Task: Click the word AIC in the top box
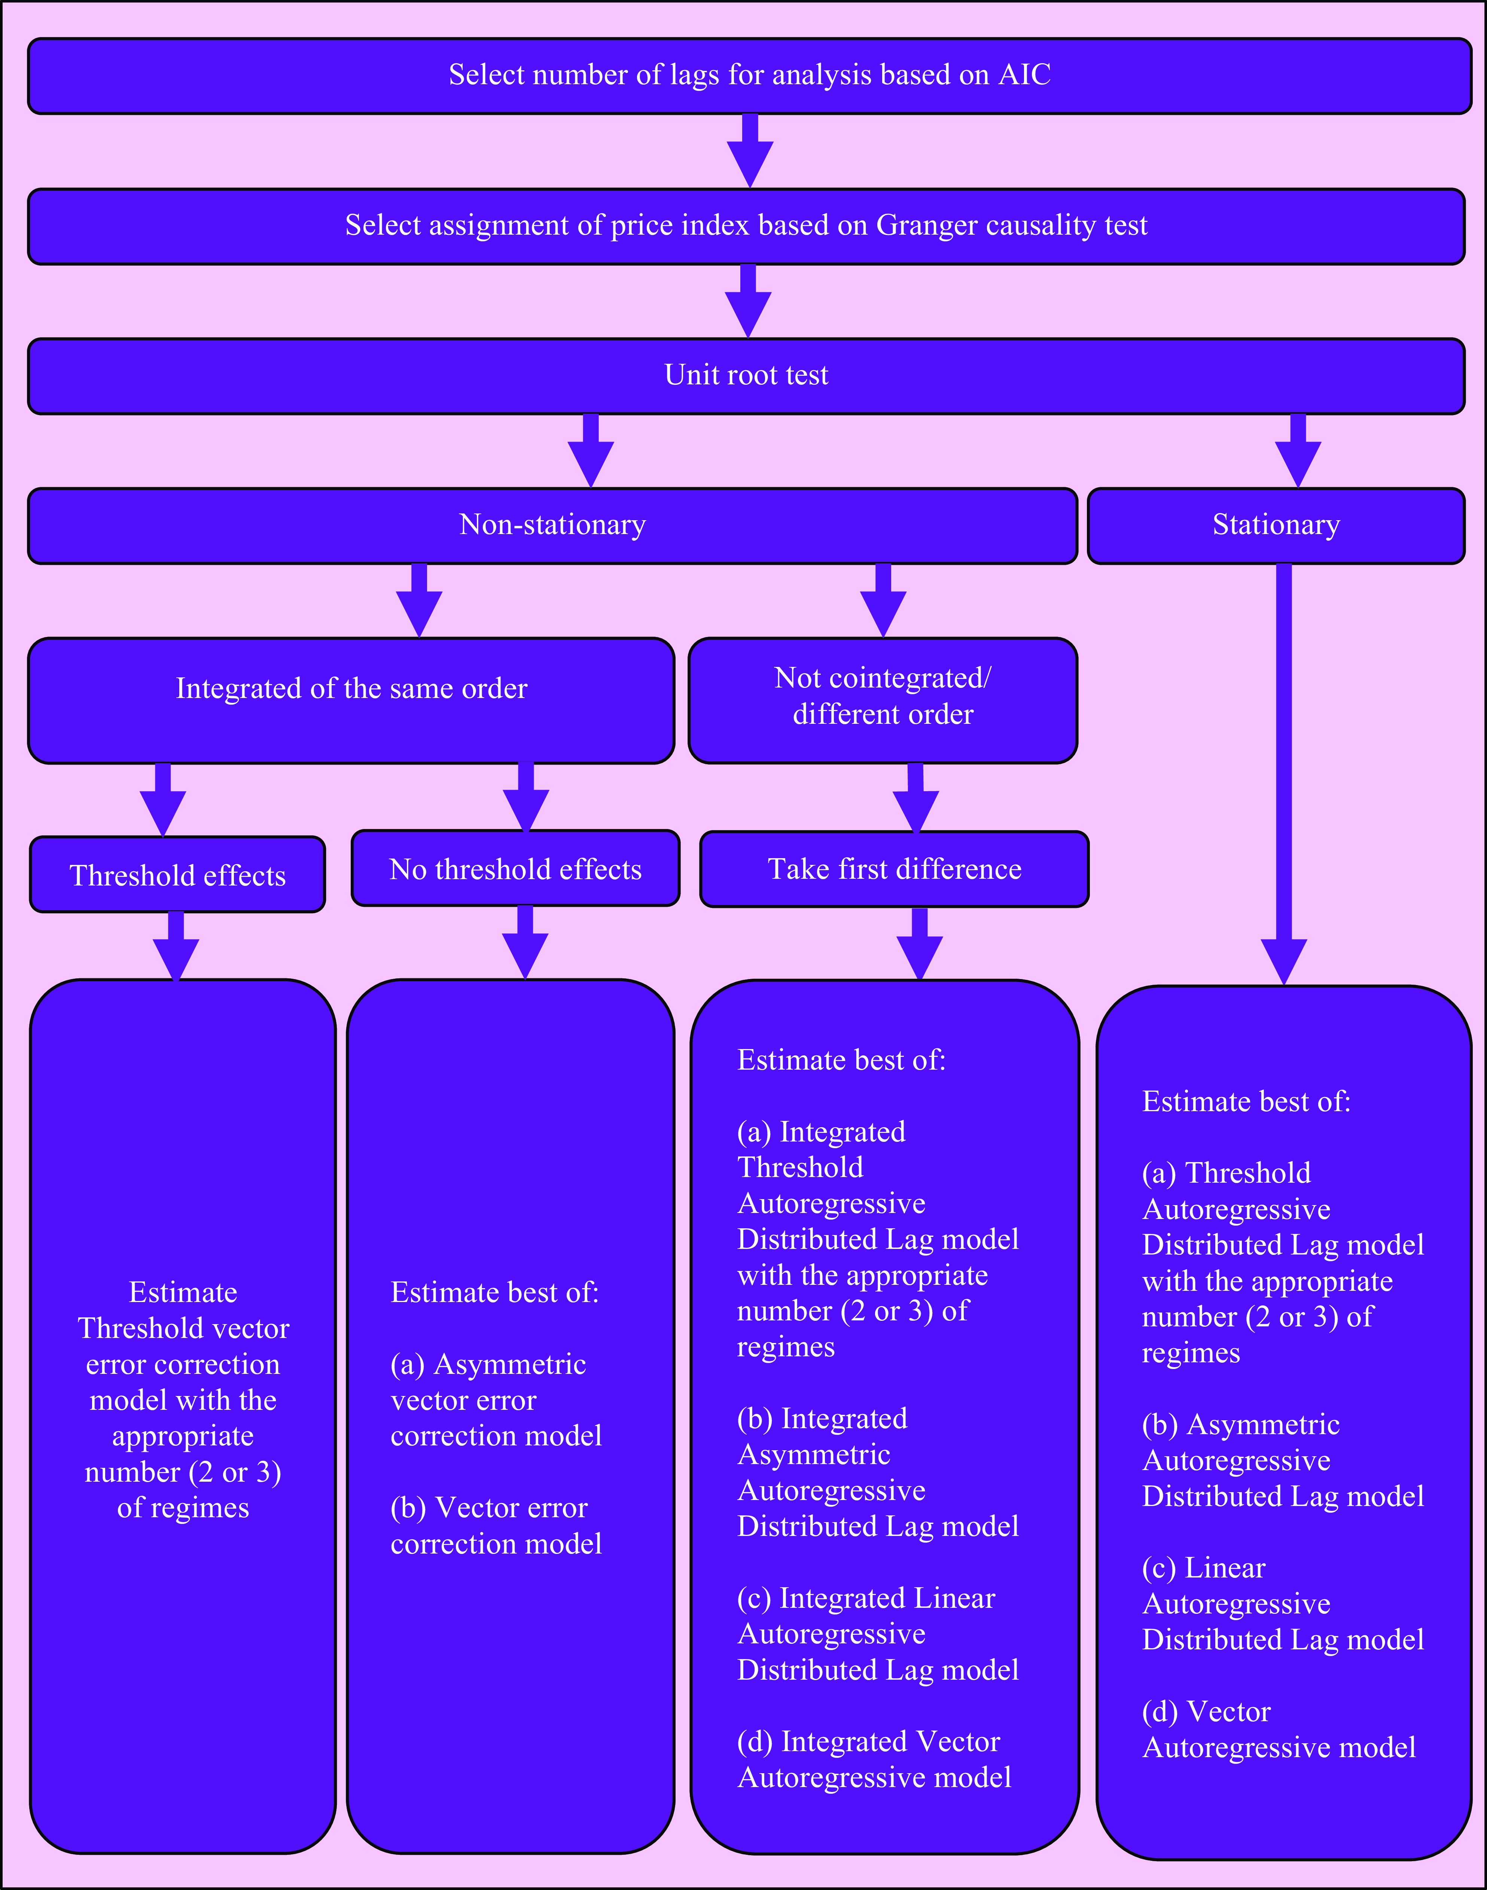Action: click(1025, 75)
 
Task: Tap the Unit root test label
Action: click(746, 375)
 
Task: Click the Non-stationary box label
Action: click(553, 525)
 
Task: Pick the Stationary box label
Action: click(1276, 525)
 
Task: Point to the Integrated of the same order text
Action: click(352, 689)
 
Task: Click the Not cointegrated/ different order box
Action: click(883, 701)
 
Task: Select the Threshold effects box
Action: click(178, 875)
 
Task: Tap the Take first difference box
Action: click(894, 869)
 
